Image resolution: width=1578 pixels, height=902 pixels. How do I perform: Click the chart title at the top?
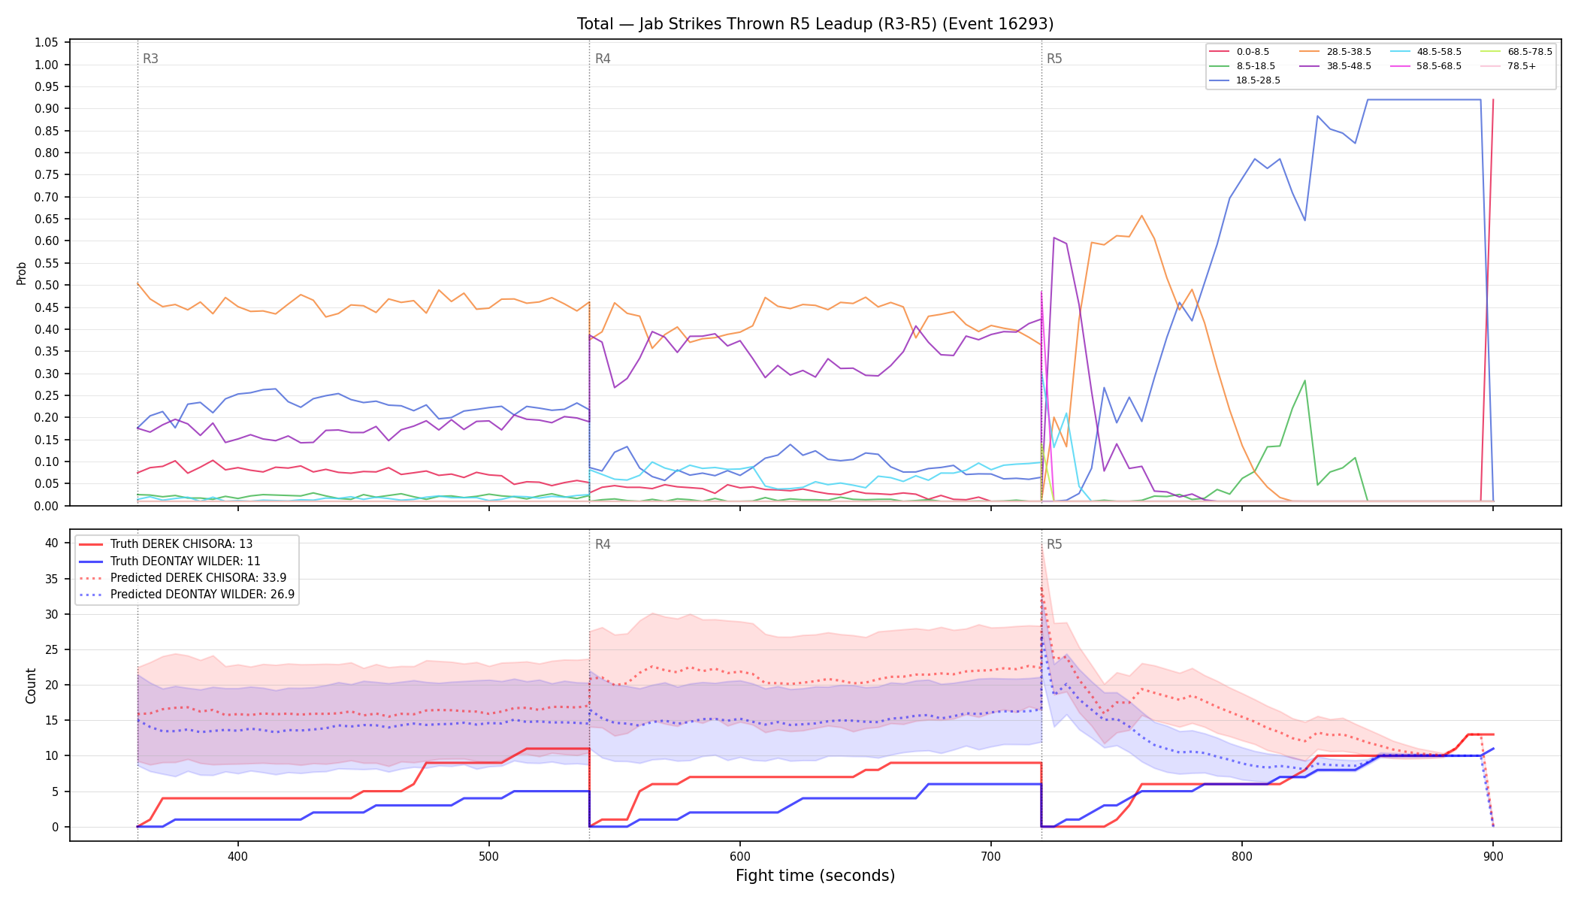815,24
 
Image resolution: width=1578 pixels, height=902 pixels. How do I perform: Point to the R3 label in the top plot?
150,59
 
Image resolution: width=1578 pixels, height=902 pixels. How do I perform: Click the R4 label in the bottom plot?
603,544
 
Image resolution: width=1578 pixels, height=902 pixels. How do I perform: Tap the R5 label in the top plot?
1054,59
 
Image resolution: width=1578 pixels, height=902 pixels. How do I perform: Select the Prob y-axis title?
21,273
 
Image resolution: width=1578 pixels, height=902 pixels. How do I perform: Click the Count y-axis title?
31,686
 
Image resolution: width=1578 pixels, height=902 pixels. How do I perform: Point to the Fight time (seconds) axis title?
815,876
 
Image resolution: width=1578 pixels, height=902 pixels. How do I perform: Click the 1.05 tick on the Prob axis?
47,43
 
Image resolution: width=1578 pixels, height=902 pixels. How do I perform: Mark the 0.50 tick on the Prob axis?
47,286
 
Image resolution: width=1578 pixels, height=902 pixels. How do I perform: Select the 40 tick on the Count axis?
52,543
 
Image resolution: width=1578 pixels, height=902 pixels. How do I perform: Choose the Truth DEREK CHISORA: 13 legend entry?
181,544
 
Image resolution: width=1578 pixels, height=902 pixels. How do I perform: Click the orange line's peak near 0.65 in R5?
1141,216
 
